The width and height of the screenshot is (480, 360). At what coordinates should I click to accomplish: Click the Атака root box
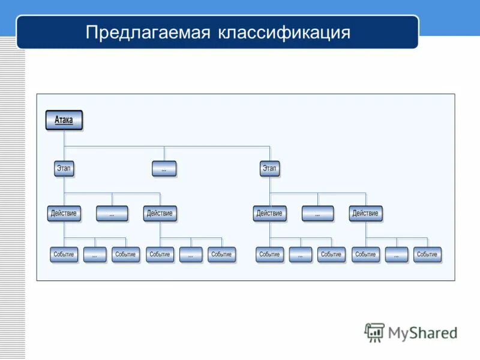64,120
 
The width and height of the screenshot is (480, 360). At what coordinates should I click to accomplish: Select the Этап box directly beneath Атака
64,169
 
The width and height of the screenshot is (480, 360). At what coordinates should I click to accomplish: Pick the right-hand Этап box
269,169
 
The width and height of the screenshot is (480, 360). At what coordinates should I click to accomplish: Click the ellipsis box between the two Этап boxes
164,169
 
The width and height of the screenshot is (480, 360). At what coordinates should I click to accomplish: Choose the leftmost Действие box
64,213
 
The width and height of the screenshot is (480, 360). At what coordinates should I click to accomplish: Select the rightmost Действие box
365,213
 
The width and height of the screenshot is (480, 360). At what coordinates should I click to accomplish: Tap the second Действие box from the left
160,213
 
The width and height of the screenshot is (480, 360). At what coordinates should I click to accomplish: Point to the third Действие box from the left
269,213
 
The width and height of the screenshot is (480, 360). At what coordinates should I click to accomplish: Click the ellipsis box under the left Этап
112,214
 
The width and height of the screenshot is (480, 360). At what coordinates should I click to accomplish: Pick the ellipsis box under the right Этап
317,214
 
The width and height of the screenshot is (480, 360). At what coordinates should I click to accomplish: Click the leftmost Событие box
64,254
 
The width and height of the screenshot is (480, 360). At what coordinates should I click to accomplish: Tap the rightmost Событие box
427,254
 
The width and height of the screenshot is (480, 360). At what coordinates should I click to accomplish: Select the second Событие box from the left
125,254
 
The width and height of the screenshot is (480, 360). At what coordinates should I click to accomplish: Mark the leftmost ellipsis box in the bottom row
95,255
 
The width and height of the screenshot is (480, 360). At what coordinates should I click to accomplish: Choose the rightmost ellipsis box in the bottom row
397,255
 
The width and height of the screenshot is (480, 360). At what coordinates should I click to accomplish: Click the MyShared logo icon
374,332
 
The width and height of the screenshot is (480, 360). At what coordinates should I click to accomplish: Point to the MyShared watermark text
422,332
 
